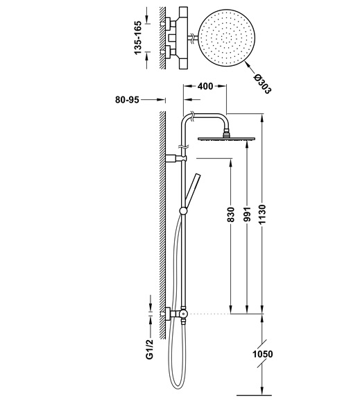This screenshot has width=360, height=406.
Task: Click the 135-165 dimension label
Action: pyautogui.click(x=138, y=38)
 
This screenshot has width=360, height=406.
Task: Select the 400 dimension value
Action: pyautogui.click(x=205, y=86)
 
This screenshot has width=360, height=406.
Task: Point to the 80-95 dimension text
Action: pyautogui.click(x=127, y=100)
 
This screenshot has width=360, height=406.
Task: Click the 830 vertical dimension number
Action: pyautogui.click(x=230, y=214)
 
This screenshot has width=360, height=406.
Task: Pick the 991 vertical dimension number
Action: pyautogui.click(x=247, y=214)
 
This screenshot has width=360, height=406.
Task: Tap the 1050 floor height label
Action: pyautogui.click(x=263, y=354)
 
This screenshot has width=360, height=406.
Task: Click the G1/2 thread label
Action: pyautogui.click(x=150, y=349)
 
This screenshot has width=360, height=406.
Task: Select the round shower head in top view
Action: pyautogui.click(x=227, y=38)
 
